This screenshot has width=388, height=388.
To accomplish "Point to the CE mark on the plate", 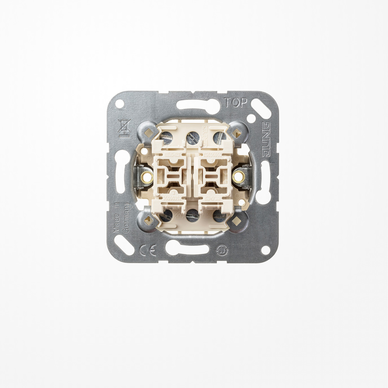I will pos(147,250).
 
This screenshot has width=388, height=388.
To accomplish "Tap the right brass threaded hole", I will pos(237,177).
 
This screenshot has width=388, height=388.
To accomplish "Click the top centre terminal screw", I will pos(192,137).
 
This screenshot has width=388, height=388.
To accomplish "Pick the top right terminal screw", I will pos(219,137).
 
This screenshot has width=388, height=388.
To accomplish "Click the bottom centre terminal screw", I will pos(192,215).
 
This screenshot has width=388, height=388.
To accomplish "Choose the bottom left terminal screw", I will pos(167,215).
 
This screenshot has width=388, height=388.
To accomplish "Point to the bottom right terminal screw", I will pos(218,215).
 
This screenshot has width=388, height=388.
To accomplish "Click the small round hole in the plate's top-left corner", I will pos(120,104).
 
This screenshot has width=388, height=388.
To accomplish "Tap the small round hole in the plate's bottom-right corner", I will pos(265,249).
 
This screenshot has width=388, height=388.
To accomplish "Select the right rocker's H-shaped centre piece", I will pos(214,177).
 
